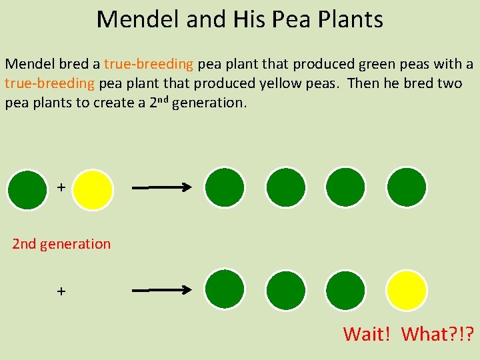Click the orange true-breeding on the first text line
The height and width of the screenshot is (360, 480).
149,65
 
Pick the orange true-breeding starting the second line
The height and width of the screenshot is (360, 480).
50,84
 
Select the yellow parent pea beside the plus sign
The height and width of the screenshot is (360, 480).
93,189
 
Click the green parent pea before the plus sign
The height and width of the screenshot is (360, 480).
27,189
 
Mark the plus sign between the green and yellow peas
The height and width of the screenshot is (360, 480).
61,188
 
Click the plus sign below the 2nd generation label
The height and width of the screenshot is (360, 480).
61,291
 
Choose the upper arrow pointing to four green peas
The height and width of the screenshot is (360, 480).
162,189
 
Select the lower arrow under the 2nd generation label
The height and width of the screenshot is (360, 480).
162,291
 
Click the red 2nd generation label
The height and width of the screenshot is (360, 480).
61,244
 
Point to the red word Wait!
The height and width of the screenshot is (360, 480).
367,333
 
